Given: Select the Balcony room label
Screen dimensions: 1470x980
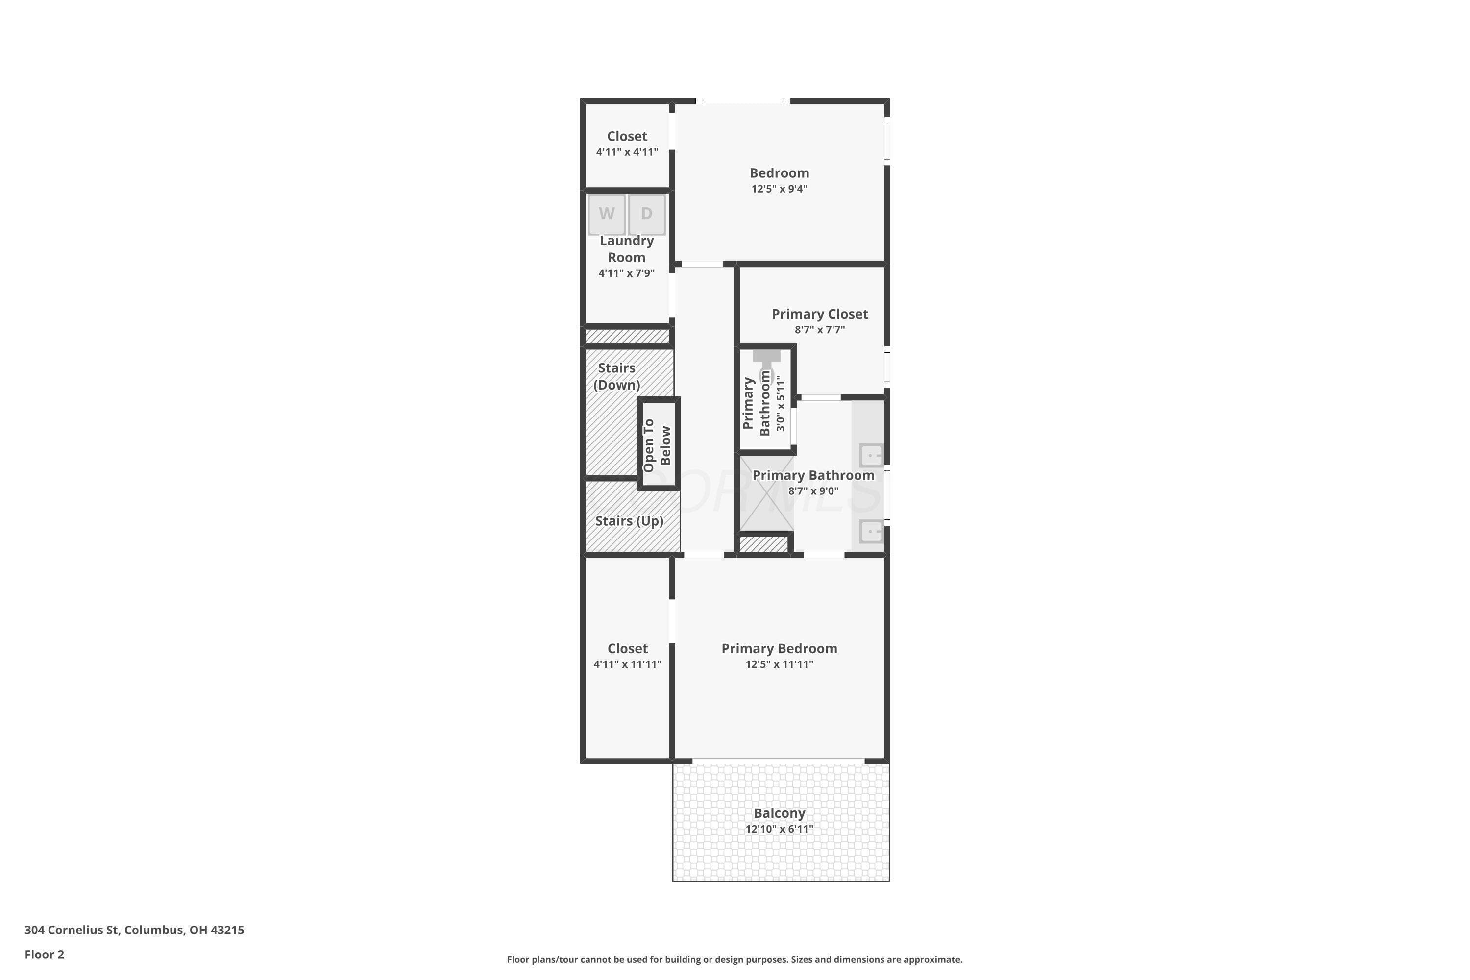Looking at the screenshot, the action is coord(780,813).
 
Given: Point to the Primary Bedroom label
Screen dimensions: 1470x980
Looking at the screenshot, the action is coord(780,648).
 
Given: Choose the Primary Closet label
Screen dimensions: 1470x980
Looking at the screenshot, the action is coord(820,314).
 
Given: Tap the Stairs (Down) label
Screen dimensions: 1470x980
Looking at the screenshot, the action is coord(617,376).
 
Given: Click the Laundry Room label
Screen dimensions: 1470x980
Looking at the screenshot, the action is coord(627,249).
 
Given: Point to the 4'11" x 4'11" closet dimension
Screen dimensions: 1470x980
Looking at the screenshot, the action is coord(627,152).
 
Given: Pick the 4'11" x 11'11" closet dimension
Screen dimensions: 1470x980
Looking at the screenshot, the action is coord(628,664).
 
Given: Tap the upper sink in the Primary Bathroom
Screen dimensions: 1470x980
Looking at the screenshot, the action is coord(871,455).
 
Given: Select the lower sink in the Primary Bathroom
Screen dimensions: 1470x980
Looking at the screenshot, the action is coord(871,531).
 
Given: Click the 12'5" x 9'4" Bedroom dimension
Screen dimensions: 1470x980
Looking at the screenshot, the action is coord(780,189).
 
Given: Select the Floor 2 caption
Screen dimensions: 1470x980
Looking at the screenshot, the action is coord(45,955).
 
